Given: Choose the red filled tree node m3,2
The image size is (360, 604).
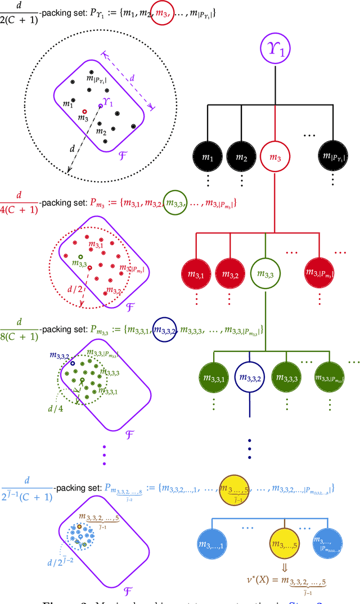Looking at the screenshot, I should point(231,274).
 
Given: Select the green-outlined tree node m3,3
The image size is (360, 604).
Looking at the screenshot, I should point(264,274).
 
